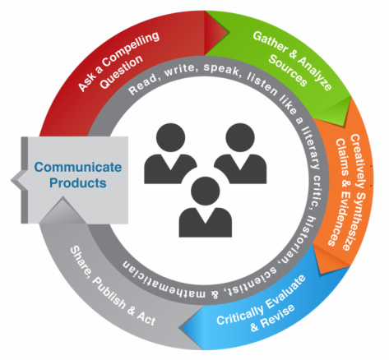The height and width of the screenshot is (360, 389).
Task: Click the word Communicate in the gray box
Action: coord(78,167)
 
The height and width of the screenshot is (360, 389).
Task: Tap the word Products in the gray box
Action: coord(78,183)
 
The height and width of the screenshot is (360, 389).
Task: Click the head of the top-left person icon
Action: coord(170,137)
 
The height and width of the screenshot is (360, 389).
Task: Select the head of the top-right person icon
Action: coord(240,137)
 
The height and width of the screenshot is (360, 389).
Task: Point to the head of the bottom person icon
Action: coord(206,191)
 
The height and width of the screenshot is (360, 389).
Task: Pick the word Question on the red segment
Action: coord(121,72)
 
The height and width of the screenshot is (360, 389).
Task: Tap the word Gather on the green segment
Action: coord(270,42)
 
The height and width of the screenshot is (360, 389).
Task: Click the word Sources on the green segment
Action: coord(288,71)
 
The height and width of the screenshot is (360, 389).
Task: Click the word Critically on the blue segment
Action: coord(240,312)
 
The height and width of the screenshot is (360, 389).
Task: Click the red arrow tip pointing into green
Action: coord(229,33)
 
